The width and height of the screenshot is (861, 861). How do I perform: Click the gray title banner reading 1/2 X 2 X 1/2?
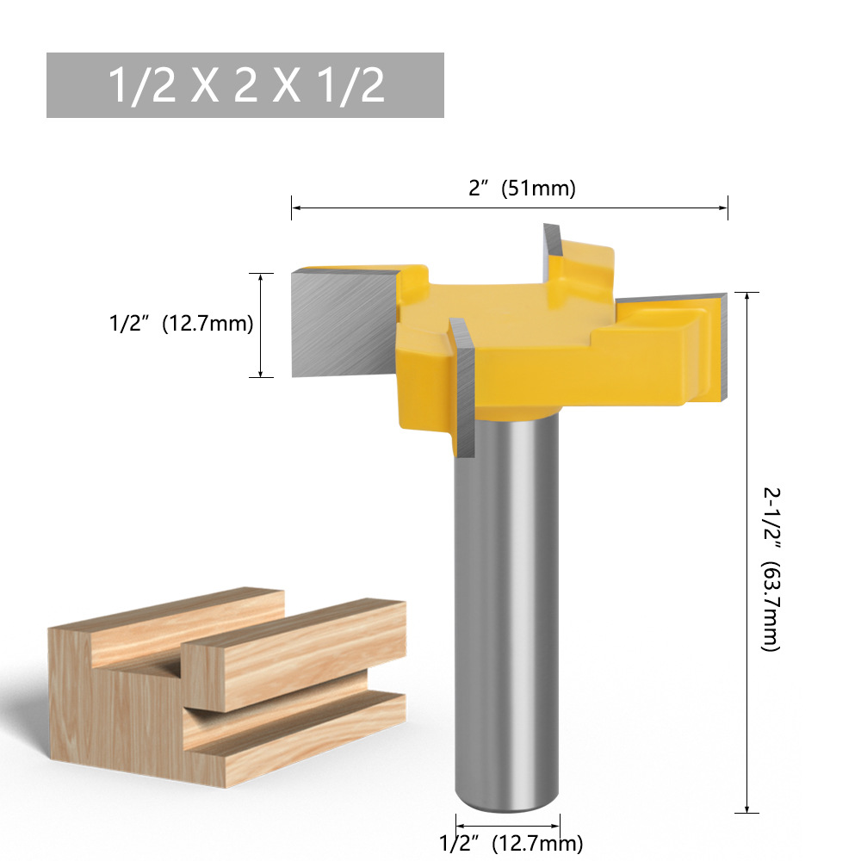pos(245,85)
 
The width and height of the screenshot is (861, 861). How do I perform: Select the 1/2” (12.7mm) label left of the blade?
pos(180,325)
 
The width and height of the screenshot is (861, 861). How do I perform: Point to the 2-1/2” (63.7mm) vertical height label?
pos(771,568)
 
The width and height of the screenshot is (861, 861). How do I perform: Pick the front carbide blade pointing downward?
pos(465,396)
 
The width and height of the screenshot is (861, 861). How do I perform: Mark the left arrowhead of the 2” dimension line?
pos(294,208)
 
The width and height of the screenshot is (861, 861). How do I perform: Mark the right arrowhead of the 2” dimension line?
pos(725,208)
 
